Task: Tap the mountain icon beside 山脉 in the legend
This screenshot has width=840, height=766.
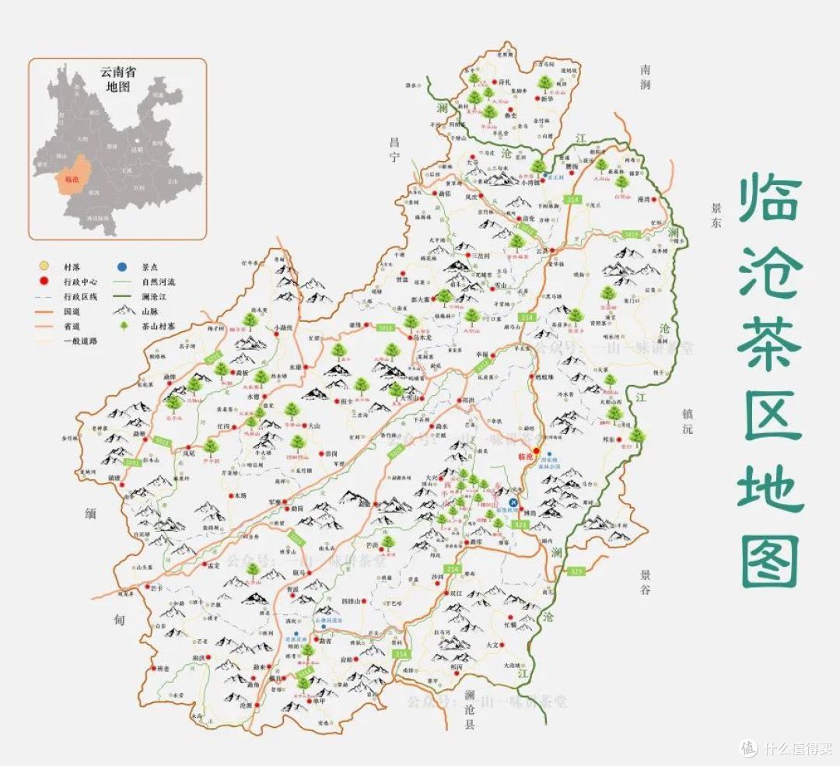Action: coord(124,310)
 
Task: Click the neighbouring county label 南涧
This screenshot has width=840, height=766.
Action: coord(646,76)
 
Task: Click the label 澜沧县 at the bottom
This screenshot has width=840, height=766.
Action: coord(469,709)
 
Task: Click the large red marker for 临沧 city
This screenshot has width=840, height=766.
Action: coord(536,449)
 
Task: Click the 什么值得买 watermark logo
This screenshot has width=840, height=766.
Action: coord(748,747)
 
